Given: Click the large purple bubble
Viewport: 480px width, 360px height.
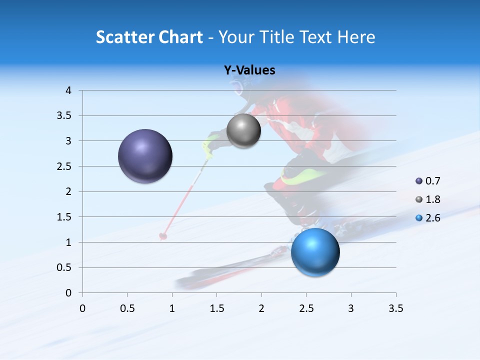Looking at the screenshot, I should [x=145, y=156].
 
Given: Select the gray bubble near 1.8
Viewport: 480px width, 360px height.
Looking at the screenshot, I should [x=243, y=131].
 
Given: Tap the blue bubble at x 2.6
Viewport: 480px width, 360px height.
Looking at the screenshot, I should [x=315, y=252].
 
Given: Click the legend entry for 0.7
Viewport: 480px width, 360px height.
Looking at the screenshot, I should [x=428, y=181].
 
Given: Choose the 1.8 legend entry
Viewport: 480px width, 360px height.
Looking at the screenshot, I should [x=428, y=199].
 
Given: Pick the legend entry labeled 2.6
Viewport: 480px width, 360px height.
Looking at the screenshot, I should [x=428, y=217].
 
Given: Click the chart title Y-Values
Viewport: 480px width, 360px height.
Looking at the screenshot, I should [x=249, y=70].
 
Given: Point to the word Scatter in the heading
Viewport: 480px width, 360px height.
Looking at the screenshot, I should [x=125, y=37].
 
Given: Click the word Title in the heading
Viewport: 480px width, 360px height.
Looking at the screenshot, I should [x=276, y=37].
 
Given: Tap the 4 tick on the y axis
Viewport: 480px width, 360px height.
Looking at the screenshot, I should [x=68, y=90].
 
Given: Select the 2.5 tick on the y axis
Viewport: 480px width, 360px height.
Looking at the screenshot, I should [x=65, y=166].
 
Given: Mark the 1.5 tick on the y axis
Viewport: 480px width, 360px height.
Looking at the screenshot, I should [x=65, y=217].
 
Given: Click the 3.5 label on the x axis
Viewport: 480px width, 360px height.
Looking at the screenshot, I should [x=395, y=308].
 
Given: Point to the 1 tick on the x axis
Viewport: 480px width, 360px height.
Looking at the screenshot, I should [x=172, y=308].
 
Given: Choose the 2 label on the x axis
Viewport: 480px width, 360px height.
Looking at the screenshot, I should [x=261, y=308].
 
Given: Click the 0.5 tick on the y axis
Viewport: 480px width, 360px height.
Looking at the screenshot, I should [x=65, y=267].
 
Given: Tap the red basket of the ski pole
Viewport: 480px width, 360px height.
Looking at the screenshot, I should [x=163, y=235].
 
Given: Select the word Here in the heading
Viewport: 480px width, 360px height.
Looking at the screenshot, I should [x=355, y=37].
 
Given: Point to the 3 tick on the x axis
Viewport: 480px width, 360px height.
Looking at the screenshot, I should [x=351, y=308].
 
